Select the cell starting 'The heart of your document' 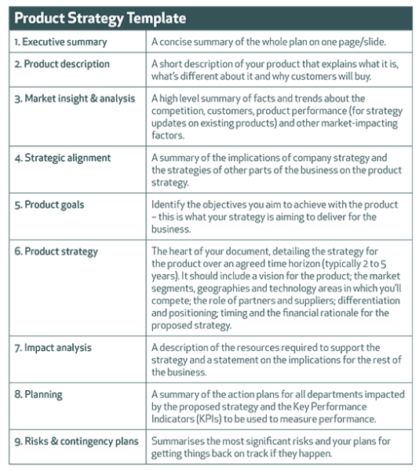pyautogui.click(x=279, y=288)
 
